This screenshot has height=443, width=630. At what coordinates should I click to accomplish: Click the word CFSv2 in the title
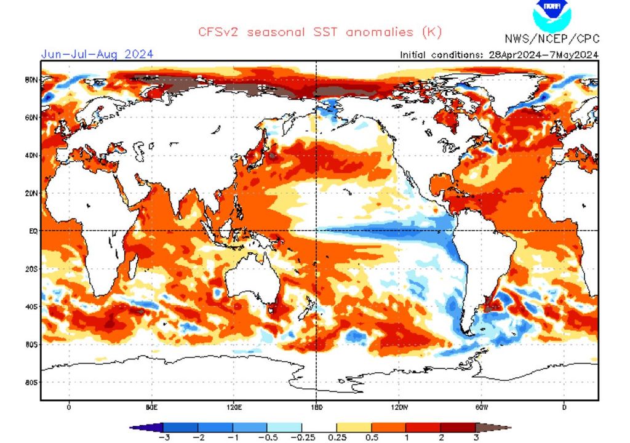[218, 31]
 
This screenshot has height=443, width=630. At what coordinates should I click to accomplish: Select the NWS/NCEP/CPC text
[552, 39]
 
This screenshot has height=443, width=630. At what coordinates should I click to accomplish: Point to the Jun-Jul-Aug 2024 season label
[97, 54]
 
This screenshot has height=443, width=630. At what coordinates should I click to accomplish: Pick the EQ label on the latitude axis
[34, 231]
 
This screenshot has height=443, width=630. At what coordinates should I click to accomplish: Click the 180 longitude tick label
[316, 407]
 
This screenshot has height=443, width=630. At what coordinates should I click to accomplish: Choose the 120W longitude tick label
[399, 407]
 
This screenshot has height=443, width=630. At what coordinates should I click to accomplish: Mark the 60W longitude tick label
[481, 407]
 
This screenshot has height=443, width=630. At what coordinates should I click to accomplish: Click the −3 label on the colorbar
[164, 437]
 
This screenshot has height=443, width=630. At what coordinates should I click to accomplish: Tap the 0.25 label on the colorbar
[336, 437]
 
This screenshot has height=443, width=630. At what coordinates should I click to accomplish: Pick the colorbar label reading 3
[476, 437]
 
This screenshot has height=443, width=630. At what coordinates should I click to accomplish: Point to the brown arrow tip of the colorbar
[501, 427]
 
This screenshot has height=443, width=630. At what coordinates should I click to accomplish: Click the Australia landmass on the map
[249, 286]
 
